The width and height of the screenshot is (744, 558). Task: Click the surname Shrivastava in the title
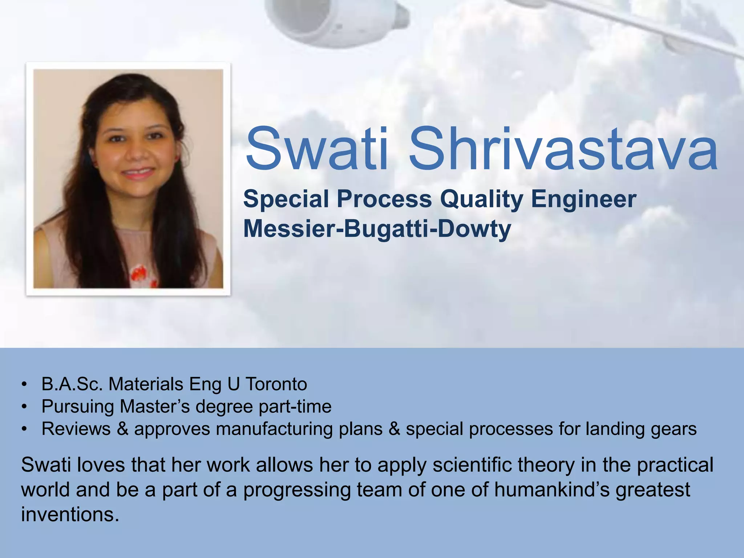click(x=563, y=150)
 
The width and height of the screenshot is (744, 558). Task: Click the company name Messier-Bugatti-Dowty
click(x=377, y=229)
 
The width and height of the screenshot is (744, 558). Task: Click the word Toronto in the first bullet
click(x=276, y=384)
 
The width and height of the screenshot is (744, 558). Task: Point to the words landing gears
click(x=641, y=429)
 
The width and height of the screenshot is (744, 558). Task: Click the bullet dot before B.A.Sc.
click(x=24, y=384)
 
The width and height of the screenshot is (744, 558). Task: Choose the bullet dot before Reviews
click(x=24, y=429)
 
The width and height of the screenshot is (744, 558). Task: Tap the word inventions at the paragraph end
click(x=70, y=514)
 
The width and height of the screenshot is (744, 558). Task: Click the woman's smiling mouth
click(x=138, y=173)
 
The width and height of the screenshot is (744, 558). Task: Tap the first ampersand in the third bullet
click(x=123, y=429)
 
